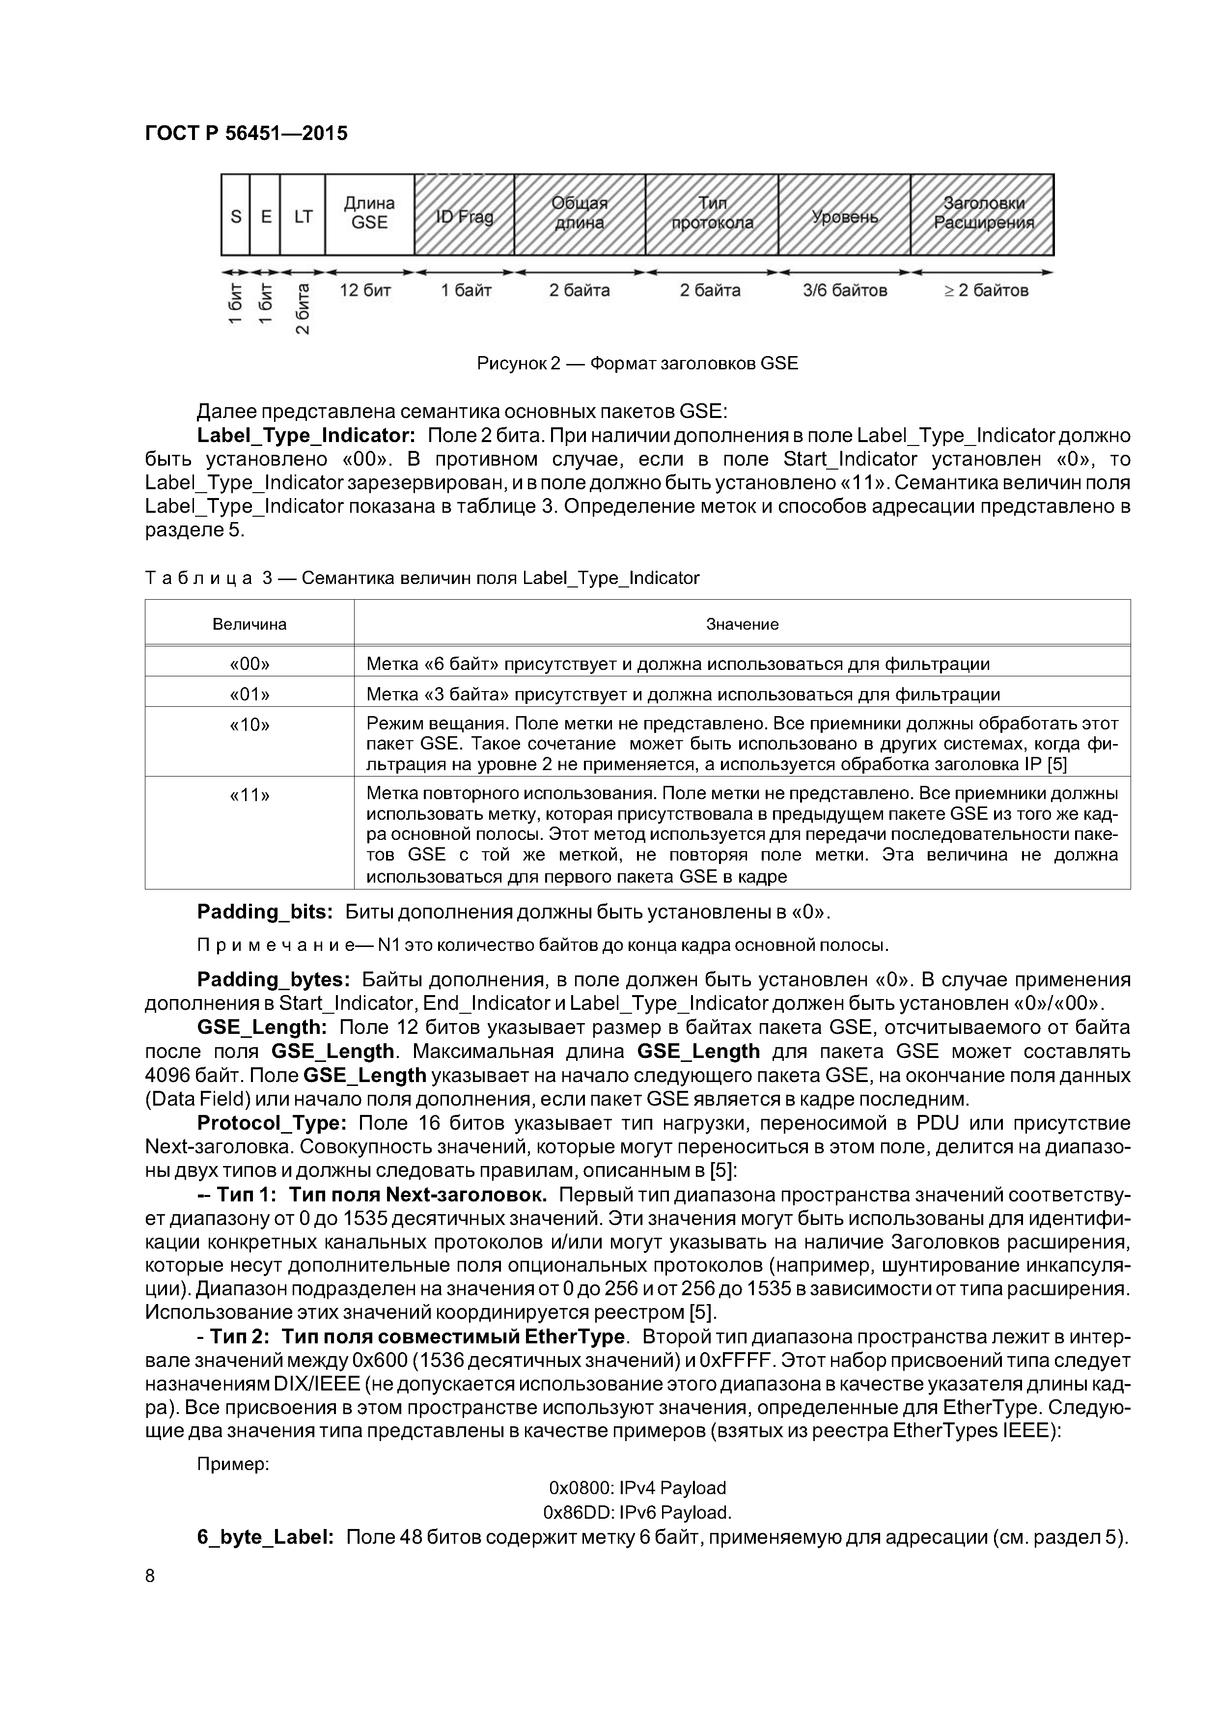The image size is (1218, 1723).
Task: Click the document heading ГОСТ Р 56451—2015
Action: coord(246,134)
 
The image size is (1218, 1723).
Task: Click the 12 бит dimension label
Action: coord(365,290)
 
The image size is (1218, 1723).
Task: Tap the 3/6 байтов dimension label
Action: coord(845,290)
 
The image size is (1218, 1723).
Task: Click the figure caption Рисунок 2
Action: coord(637,364)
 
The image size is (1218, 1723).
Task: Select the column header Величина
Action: coord(249,624)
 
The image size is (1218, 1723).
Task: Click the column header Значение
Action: coord(742,624)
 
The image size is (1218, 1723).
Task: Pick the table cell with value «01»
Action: coord(249,694)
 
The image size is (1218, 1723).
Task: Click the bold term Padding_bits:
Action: coord(265,912)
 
